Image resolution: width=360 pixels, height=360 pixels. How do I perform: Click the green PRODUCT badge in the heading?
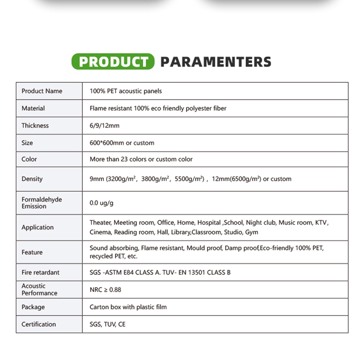[113, 61]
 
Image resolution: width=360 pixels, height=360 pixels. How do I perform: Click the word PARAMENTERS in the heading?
[216, 62]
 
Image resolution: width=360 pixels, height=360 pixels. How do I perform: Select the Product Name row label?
[42, 91]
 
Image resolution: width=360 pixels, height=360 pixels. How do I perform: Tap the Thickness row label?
[35, 126]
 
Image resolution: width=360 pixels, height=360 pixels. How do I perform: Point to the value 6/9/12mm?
[104, 126]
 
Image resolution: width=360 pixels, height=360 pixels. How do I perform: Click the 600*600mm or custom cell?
[122, 143]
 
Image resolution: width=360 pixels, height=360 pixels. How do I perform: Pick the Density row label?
[32, 179]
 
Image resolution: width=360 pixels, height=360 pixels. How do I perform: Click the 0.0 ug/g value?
[101, 203]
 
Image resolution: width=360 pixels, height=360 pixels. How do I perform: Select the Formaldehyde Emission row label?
[42, 202]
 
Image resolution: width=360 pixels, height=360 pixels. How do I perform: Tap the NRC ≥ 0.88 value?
[105, 290]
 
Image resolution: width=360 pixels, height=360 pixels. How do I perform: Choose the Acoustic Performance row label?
[40, 289]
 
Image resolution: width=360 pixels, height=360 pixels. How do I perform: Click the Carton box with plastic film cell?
[128, 307]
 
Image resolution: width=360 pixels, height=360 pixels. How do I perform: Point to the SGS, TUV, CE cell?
[108, 324]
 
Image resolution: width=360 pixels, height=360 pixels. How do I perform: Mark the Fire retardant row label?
[40, 272]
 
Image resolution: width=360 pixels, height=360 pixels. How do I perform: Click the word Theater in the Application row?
[100, 222]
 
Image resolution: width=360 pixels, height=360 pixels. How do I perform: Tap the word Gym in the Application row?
[252, 232]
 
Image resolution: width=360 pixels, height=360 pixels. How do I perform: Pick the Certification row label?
[39, 324]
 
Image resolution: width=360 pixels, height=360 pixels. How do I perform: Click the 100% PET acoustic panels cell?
[126, 91]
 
